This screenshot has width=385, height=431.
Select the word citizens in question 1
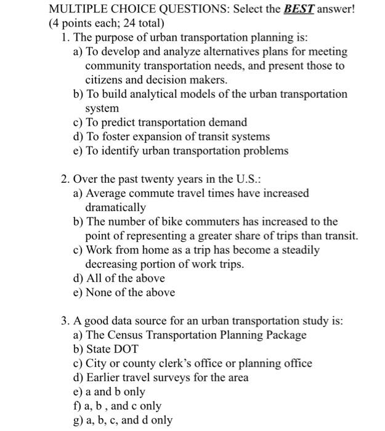click(105, 79)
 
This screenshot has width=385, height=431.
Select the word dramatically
click(116, 207)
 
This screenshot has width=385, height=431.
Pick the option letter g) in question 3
click(78, 421)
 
